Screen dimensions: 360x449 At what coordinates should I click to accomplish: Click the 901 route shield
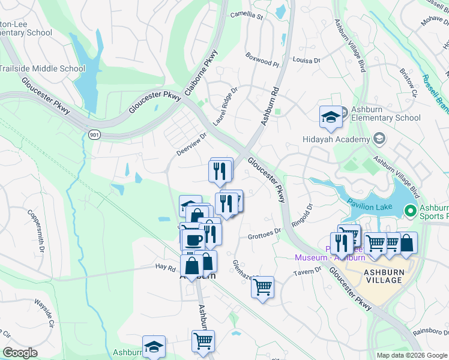point(93,134)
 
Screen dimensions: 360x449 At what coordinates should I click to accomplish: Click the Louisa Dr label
point(307,60)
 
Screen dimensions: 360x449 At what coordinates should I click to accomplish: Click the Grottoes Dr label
point(265,233)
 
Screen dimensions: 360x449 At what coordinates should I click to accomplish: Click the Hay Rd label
point(164,266)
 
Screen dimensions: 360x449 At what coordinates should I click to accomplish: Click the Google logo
point(20,352)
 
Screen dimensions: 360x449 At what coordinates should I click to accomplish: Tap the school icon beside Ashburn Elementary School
point(330,118)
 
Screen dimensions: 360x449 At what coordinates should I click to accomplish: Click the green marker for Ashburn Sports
point(411,211)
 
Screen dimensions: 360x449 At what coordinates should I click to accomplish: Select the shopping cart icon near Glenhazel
point(262,288)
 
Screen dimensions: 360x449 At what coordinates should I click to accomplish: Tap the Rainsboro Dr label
point(430,332)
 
